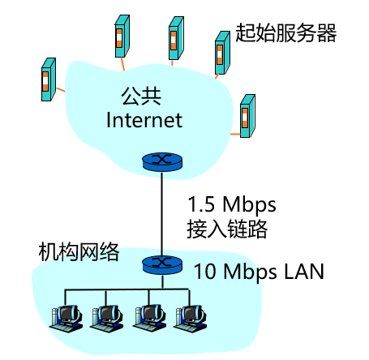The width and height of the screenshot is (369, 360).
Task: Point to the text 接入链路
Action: click(227, 229)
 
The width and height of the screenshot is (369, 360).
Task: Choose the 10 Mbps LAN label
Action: click(259, 272)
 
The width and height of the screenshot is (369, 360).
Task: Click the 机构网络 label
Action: click(79, 252)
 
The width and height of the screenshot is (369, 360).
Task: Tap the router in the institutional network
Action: click(161, 264)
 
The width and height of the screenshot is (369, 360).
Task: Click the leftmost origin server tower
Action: click(48, 79)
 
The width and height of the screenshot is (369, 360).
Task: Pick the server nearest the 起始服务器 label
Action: click(221, 53)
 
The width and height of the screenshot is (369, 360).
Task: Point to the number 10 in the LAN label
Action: click(204, 272)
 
